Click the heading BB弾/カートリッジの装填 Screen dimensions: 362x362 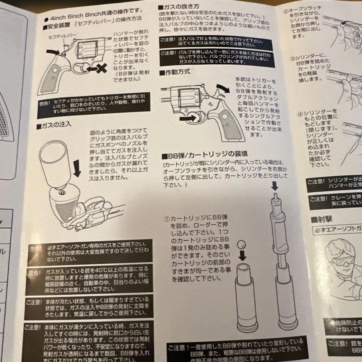tap(205, 154)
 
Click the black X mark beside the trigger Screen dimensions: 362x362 tap(101, 68)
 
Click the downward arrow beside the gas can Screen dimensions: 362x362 tap(77, 168)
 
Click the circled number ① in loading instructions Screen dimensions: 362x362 tap(167, 218)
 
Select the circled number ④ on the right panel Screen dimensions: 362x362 tap(301, 113)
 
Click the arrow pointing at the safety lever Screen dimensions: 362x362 tap(52, 52)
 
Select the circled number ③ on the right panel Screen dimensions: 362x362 tap(292, 59)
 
